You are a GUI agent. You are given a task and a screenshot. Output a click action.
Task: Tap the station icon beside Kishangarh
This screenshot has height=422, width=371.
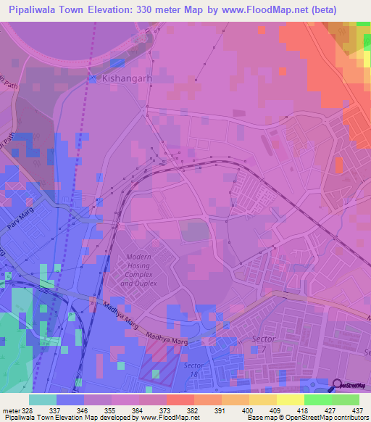[93, 76]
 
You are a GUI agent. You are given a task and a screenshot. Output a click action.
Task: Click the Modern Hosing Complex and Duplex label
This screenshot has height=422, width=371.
[138, 270]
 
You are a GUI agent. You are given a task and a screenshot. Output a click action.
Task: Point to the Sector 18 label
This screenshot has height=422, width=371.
[193, 369]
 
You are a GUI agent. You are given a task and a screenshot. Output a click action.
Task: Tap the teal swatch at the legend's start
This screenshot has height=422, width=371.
[42, 400]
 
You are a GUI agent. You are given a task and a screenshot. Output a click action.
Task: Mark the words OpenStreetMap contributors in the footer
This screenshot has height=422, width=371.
[330, 418]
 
